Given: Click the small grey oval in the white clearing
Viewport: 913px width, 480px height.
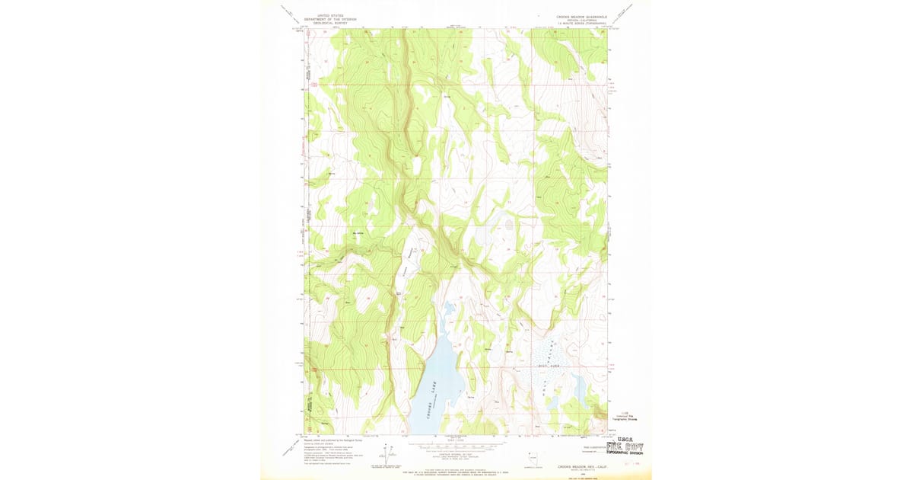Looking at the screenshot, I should point(508,225).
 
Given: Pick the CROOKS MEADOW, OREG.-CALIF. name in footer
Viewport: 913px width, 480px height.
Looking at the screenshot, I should point(580,466).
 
